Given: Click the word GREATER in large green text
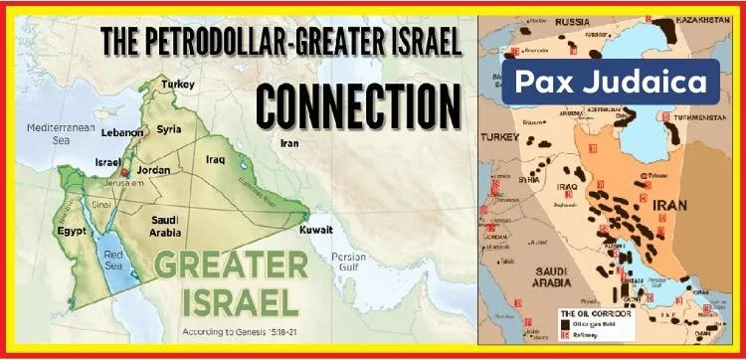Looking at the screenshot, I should (x=231, y=266).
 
